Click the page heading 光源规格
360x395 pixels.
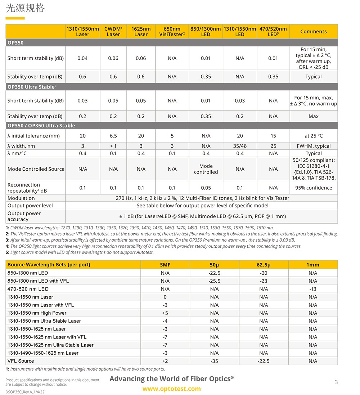[x=25, y=8]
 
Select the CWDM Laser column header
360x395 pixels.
[x=113, y=31]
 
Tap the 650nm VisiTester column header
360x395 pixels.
[x=172, y=31]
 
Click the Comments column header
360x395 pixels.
[x=313, y=31]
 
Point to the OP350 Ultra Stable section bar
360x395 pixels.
[x=32, y=87]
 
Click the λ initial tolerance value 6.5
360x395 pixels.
[x=113, y=136]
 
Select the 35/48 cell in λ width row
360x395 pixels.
[x=240, y=146]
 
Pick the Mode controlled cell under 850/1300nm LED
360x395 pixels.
[x=206, y=169]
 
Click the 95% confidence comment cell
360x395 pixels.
[x=313, y=188]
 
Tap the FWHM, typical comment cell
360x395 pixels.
[x=313, y=146]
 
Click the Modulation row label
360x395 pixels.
[x=21, y=198]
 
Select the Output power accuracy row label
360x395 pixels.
[x=24, y=216]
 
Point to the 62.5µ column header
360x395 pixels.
[x=264, y=265]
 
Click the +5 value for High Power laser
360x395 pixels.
[x=165, y=313]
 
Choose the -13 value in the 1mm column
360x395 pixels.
[x=313, y=289]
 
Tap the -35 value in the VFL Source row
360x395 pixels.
[x=214, y=361]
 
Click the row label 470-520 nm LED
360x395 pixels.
[x=28, y=289]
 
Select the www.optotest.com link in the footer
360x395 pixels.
[x=171, y=389]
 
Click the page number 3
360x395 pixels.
[x=336, y=382]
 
